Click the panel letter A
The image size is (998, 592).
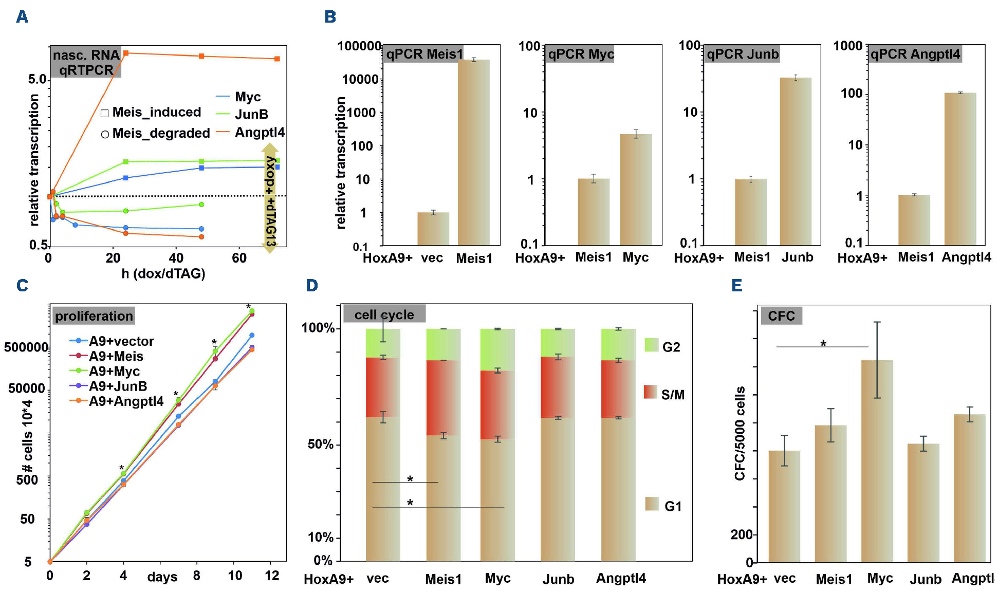click(x=22, y=17)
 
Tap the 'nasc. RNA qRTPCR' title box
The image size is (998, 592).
click(x=86, y=62)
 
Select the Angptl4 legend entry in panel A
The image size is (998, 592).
click(x=250, y=132)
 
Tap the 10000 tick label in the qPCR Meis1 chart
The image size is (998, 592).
click(x=360, y=79)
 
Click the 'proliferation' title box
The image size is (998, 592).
click(x=94, y=316)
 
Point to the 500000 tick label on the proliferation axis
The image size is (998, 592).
click(x=26, y=347)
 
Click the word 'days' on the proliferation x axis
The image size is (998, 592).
click(x=162, y=577)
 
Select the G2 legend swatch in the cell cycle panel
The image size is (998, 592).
click(x=652, y=345)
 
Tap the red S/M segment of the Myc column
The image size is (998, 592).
click(x=497, y=404)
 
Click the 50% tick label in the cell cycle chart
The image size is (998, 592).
click(x=320, y=444)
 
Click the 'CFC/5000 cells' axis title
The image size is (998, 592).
click(x=740, y=433)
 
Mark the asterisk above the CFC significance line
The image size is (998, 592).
click(x=823, y=343)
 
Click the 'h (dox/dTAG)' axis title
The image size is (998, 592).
click(x=163, y=273)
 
